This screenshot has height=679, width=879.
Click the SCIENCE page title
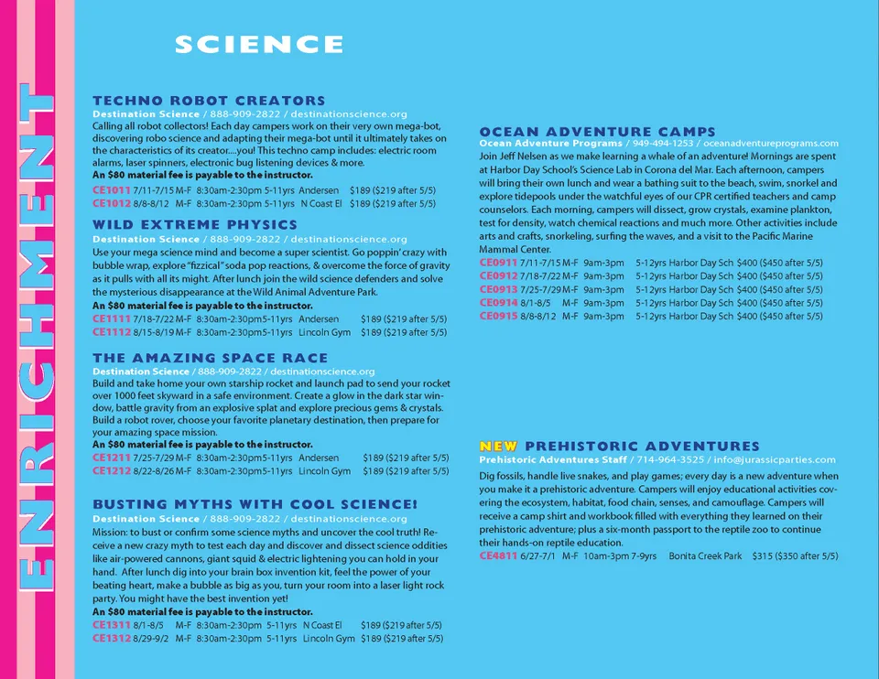[259, 44]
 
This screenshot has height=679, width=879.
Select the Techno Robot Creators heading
[209, 101]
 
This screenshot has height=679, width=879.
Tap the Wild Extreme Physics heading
[195, 225]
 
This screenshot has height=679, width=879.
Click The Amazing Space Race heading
[210, 358]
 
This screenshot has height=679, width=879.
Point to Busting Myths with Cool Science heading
[255, 504]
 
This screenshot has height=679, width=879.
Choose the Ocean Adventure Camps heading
[597, 132]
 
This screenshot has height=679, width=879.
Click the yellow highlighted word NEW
[498, 446]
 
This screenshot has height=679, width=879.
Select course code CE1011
[111, 190]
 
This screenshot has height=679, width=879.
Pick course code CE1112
[111, 332]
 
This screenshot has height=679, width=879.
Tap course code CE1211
[111, 458]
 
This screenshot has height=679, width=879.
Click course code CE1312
[111, 638]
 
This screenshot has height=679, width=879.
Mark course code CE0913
[498, 289]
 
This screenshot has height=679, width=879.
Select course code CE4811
[498, 555]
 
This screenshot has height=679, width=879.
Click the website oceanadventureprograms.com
[771, 144]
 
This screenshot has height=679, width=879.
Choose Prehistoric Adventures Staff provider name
[553, 459]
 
